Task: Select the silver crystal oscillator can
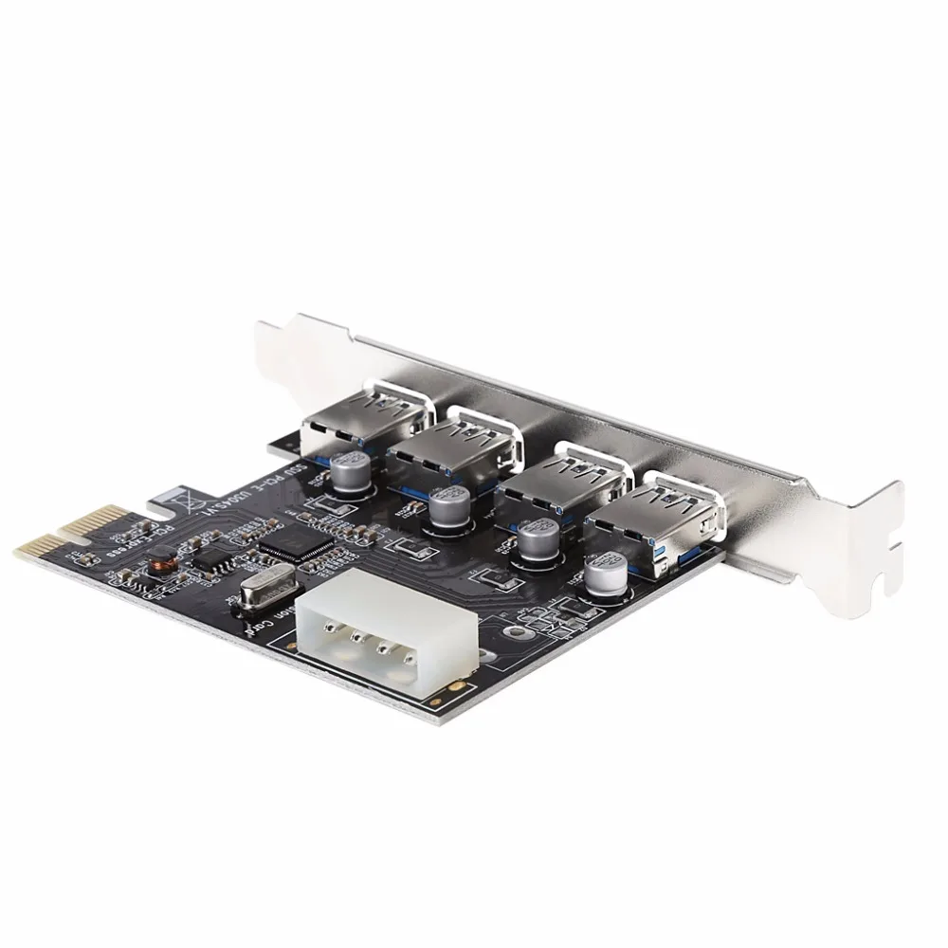click(254, 594)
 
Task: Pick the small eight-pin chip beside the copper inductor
click(207, 558)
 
